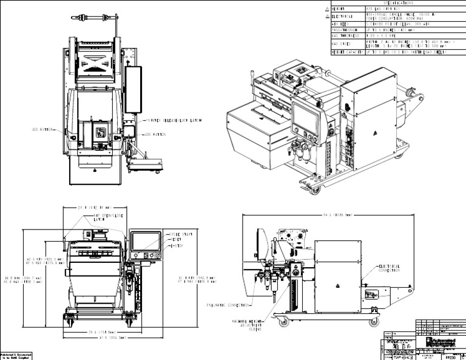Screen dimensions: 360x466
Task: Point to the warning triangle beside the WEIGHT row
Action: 328,9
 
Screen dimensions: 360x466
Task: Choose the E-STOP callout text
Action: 176,245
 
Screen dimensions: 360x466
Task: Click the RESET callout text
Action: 175,239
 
